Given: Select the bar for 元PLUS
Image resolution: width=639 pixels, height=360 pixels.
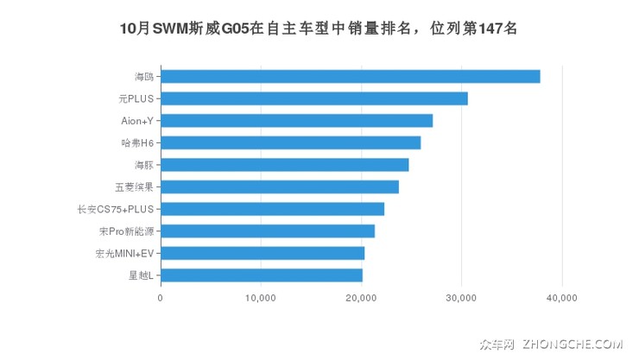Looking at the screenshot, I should pyautogui.click(x=313, y=98).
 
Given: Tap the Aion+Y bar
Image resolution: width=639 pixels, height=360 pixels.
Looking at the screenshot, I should pyautogui.click(x=296, y=120).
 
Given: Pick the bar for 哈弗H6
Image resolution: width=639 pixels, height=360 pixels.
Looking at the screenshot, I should pyautogui.click(x=290, y=142).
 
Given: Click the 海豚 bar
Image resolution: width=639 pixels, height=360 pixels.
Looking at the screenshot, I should pyautogui.click(x=284, y=164).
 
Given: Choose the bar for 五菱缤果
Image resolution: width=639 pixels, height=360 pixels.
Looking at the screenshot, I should pyautogui.click(x=279, y=186).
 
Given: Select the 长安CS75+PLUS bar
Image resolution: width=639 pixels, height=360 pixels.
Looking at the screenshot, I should pyautogui.click(x=272, y=209).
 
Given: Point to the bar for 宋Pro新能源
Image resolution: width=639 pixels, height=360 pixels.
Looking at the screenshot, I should pyautogui.click(x=267, y=231).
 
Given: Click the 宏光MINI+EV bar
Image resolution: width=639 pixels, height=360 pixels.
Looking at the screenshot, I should pyautogui.click(x=262, y=253).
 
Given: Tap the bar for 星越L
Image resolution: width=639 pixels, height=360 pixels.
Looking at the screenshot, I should pyautogui.click(x=261, y=275).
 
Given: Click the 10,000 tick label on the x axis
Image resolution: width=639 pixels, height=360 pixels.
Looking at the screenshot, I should pyautogui.click(x=261, y=298).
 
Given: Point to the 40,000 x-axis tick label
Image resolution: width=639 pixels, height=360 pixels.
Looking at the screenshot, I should pyautogui.click(x=562, y=298).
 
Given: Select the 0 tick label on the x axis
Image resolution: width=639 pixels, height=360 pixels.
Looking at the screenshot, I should pyautogui.click(x=161, y=298).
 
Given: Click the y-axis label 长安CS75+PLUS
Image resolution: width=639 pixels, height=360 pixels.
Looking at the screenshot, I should pyautogui.click(x=115, y=209).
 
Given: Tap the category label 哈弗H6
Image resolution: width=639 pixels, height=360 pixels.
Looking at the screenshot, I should pyautogui.click(x=137, y=142).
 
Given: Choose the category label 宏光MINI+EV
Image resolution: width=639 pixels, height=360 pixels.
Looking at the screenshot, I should pyautogui.click(x=124, y=253).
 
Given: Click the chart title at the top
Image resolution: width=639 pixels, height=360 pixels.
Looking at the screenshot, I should pyautogui.click(x=319, y=28).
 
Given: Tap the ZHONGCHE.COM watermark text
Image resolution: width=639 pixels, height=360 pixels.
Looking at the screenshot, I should pyautogui.click(x=572, y=343).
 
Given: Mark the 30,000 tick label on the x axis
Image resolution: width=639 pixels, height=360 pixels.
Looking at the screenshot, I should pyautogui.click(x=461, y=298).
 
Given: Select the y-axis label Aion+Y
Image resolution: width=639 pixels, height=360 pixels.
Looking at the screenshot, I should pyautogui.click(x=136, y=120).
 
